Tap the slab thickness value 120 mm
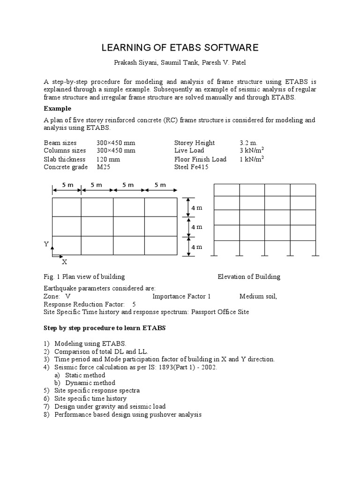coord(109,159)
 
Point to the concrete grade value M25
coord(104,167)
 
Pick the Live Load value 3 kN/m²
coord(251,150)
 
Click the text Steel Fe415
coord(192,167)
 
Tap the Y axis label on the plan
coord(46,244)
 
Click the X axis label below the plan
coord(65,262)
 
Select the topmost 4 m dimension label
coord(196,208)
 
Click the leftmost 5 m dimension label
coord(67,185)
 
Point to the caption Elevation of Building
coord(248,277)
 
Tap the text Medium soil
coord(258,296)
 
